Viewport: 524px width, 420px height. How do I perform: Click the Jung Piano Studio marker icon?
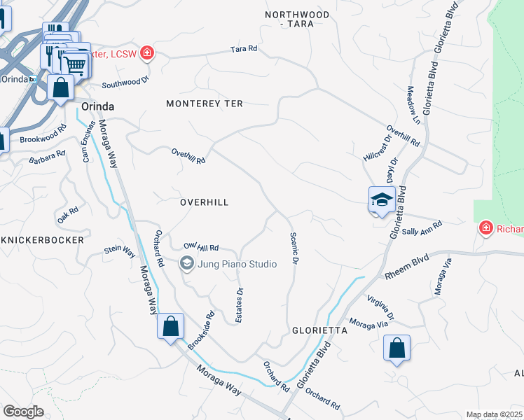(x=187, y=263)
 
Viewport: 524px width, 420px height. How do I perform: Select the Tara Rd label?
(x=244, y=49)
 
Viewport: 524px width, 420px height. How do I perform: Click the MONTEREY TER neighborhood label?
(x=204, y=104)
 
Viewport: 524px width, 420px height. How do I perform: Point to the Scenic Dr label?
(x=294, y=248)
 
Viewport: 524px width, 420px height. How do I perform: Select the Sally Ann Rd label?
(x=422, y=228)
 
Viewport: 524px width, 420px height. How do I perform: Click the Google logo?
(x=23, y=411)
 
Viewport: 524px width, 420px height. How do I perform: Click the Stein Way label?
(x=119, y=251)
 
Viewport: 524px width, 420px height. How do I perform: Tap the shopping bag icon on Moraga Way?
(x=170, y=326)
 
